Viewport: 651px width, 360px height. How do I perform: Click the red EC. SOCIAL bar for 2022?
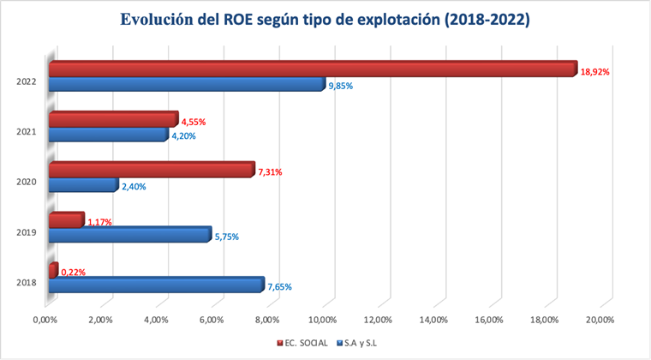click(x=313, y=69)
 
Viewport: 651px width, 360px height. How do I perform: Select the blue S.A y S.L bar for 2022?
click(x=187, y=84)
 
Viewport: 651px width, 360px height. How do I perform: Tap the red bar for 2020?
click(x=152, y=170)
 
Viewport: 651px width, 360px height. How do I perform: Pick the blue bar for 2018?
click(x=156, y=285)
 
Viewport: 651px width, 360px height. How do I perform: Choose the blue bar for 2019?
click(x=129, y=234)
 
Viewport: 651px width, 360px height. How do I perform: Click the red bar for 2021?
click(x=113, y=119)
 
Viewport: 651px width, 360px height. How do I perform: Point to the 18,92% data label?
click(x=594, y=72)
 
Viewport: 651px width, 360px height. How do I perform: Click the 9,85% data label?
click(x=342, y=86)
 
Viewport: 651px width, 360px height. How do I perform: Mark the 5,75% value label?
click(x=228, y=237)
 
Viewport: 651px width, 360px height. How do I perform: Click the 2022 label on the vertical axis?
click(x=27, y=82)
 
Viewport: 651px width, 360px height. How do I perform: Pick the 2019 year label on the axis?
click(x=27, y=232)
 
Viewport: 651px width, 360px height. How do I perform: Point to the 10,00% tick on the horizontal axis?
click(x=323, y=320)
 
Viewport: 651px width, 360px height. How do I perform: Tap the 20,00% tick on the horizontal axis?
click(x=600, y=320)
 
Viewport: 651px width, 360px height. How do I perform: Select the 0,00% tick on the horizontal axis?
click(x=46, y=320)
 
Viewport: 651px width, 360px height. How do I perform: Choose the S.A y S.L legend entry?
click(x=359, y=343)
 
